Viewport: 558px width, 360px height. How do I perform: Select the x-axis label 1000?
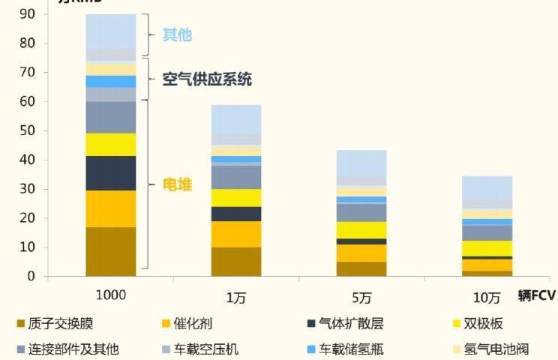111,295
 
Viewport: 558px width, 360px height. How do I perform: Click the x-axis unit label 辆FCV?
536,295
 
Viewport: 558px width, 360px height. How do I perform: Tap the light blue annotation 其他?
178,34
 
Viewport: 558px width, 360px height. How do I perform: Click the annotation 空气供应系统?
207,79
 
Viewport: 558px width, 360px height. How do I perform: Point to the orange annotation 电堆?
178,184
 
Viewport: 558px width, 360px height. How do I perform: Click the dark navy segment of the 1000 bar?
111,173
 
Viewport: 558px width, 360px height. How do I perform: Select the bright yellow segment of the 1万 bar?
236,197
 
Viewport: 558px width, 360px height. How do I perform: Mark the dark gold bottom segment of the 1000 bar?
111,251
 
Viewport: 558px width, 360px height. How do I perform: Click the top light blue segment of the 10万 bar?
487,187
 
